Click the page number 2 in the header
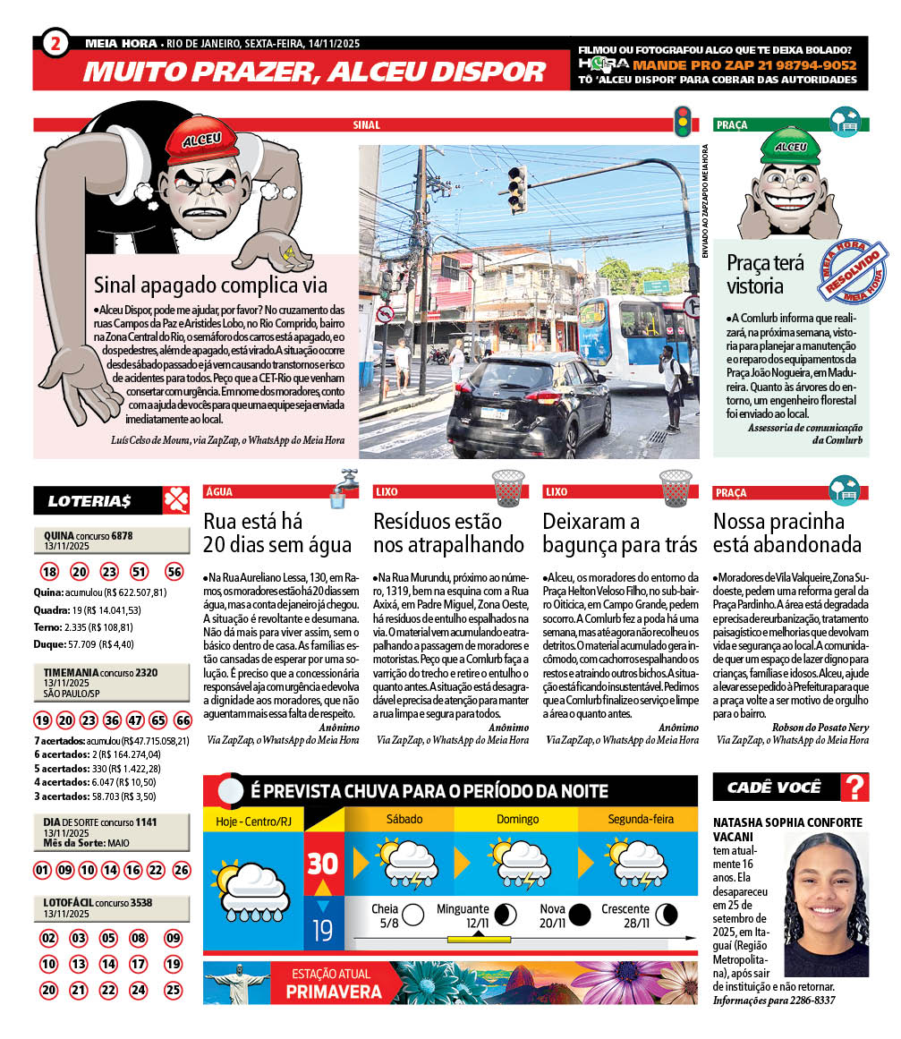click(x=55, y=43)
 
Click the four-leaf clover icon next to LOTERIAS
click(x=175, y=500)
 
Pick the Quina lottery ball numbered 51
click(x=139, y=573)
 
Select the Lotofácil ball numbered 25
click(x=173, y=991)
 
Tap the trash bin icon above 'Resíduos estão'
click(x=508, y=489)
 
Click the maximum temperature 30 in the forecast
click(x=323, y=863)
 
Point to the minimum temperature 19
click(x=323, y=931)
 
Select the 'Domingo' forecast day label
click(x=518, y=819)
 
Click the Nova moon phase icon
click(x=580, y=915)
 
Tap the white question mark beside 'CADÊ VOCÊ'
click(x=855, y=788)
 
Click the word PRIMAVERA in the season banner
click(x=334, y=992)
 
